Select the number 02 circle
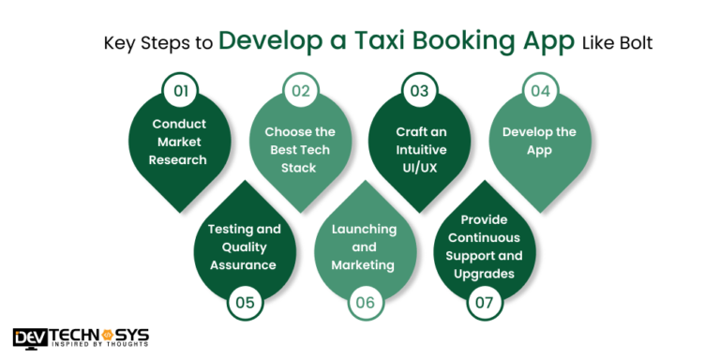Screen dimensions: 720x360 [x=300, y=92]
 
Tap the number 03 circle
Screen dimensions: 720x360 [x=418, y=92]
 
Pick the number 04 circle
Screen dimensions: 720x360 [x=539, y=92]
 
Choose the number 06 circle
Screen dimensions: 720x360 [x=364, y=302]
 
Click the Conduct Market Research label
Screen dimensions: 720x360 [x=180, y=142]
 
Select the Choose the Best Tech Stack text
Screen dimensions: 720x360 [x=299, y=150]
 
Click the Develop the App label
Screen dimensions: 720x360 [x=539, y=141]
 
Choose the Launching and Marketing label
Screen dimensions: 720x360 [x=364, y=247]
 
